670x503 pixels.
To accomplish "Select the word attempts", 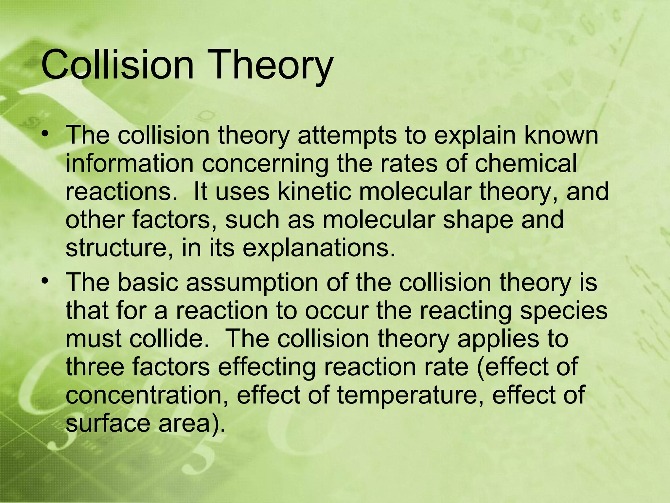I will click(346, 136).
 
